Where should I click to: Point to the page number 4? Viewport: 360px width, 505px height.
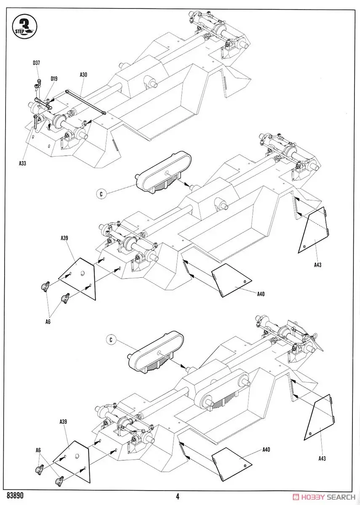(x=178, y=497)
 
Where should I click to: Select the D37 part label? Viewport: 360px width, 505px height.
(x=37, y=63)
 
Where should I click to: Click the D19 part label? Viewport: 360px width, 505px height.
(x=54, y=78)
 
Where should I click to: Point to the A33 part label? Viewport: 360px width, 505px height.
(x=23, y=163)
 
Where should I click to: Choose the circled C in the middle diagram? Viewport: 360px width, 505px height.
(x=101, y=194)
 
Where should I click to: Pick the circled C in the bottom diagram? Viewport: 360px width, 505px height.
(x=111, y=339)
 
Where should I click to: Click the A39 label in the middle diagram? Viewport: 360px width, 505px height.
(x=64, y=238)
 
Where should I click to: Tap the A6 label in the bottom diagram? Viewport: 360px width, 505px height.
(x=38, y=450)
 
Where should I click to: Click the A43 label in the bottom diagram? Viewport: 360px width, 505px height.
(x=322, y=459)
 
